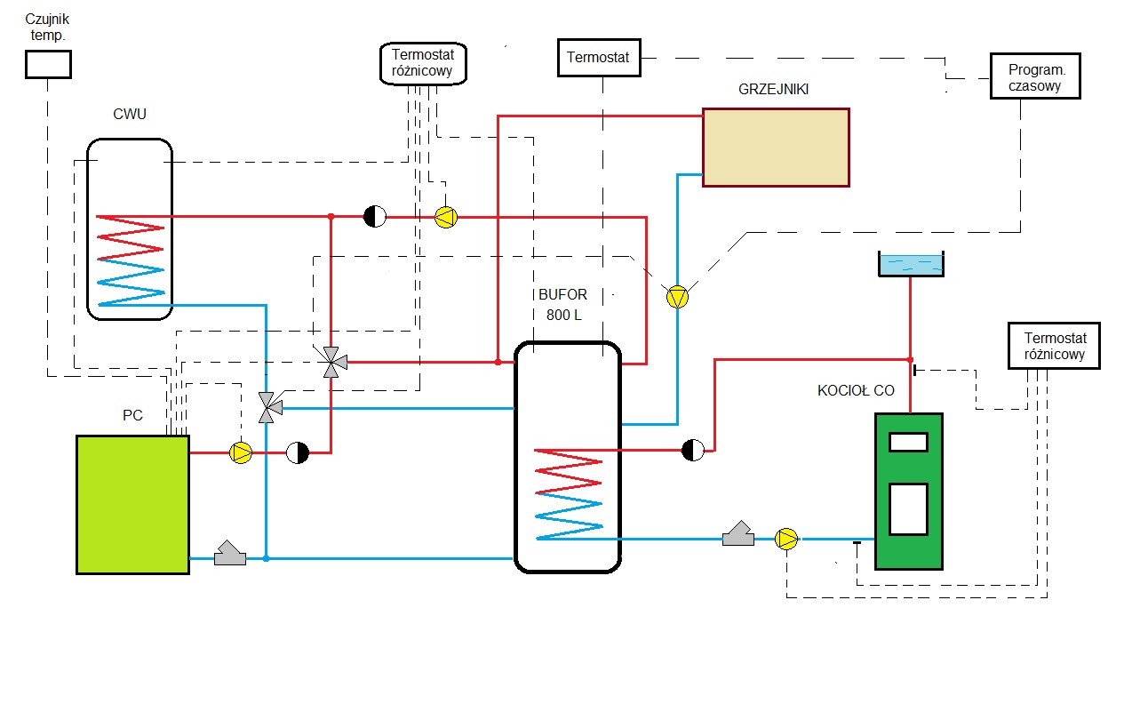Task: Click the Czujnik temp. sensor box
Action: [47, 64]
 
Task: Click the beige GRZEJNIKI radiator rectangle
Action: [776, 148]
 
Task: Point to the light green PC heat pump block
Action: [132, 504]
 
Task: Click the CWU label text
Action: [130, 114]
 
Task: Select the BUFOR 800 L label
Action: [562, 305]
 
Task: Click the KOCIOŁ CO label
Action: [856, 390]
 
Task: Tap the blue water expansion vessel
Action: [911, 264]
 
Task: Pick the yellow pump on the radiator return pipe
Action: [678, 297]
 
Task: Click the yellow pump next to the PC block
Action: [241, 453]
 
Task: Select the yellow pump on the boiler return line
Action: [786, 539]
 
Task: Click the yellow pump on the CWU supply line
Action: [445, 217]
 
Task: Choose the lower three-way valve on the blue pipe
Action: [267, 407]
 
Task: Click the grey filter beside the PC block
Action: [231, 554]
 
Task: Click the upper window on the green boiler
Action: [908, 442]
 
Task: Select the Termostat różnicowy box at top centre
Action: [423, 64]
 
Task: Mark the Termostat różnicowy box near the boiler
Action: [1055, 346]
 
